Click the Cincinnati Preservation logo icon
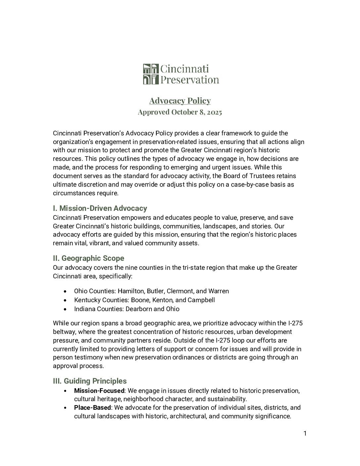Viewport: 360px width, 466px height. (151, 74)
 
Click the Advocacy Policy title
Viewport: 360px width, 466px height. (180, 101)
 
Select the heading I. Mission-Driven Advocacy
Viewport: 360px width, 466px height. (100, 208)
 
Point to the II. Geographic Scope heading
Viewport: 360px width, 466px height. (89, 258)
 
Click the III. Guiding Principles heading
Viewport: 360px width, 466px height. (90, 381)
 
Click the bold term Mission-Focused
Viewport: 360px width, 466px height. (99, 391)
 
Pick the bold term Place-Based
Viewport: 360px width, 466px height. (92, 407)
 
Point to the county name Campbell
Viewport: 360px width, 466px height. (201, 300)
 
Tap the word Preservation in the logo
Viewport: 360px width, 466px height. (190, 80)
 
